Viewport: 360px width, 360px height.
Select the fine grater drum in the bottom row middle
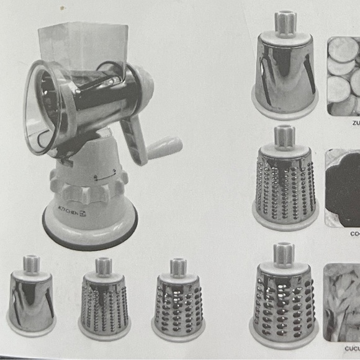pyautogui.click(x=104, y=302)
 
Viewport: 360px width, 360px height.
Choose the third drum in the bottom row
pyautogui.click(x=178, y=302)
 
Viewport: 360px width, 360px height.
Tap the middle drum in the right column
pyautogui.click(x=285, y=180)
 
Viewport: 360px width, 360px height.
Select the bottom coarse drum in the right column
pyautogui.click(x=284, y=295)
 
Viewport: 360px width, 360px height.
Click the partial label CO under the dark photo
pyautogui.click(x=353, y=235)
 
